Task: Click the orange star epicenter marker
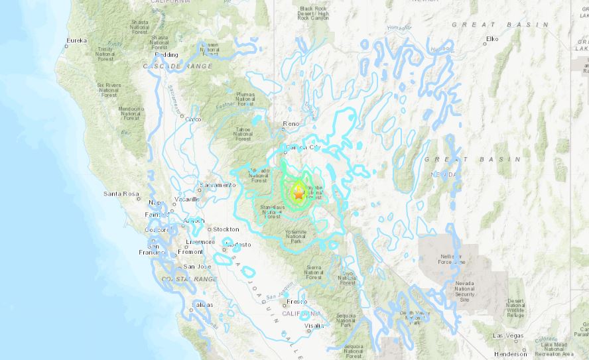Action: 298,194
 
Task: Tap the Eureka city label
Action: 76,41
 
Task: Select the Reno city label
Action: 291,123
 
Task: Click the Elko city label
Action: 491,39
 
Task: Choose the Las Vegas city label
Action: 507,335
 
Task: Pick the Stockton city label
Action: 226,229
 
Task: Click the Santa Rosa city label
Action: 121,194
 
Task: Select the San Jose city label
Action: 197,266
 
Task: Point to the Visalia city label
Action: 314,326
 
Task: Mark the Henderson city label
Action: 511,354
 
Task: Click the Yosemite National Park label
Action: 295,235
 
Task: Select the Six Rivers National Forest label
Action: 109,90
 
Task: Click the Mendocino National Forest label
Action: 131,113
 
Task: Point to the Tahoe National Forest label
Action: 243,134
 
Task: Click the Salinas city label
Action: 203,304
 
